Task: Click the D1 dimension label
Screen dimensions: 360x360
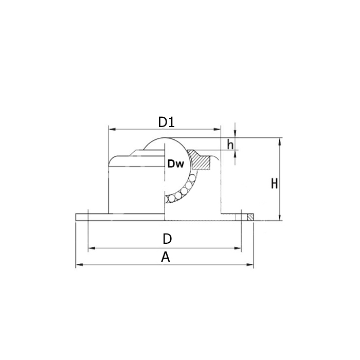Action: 166,122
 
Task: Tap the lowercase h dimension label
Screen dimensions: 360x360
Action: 230,145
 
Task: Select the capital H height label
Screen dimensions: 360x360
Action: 274,184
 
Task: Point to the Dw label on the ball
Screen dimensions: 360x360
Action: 176,164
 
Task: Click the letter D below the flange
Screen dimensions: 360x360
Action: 167,239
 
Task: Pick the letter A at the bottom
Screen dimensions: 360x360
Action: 166,257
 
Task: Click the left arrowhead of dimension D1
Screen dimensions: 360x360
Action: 112,130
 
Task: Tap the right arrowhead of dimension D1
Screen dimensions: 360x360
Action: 217,130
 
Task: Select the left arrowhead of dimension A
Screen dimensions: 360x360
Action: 79,265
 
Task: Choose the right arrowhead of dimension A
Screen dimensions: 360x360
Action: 250,265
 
